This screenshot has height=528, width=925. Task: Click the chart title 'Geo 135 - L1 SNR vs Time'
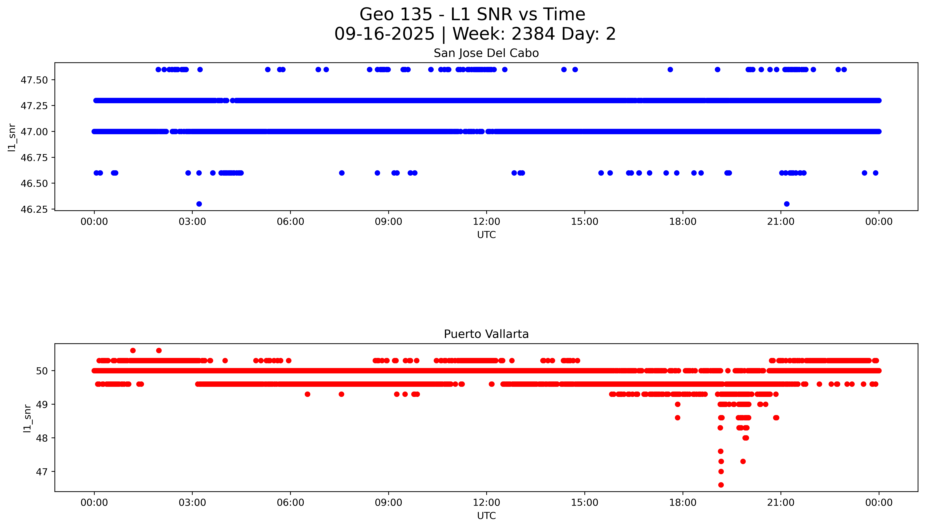(x=472, y=14)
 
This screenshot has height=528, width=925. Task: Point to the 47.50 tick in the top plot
(x=34, y=80)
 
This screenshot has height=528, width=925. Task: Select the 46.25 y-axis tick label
(x=34, y=210)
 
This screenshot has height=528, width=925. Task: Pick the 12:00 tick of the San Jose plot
(x=486, y=222)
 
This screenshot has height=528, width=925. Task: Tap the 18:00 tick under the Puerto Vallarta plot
(x=683, y=503)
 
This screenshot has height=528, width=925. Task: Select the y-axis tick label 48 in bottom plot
(x=42, y=438)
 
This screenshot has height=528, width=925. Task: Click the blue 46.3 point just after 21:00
(x=786, y=204)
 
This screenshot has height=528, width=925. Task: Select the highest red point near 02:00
(x=159, y=350)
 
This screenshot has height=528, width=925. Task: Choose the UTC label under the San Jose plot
(x=486, y=235)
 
